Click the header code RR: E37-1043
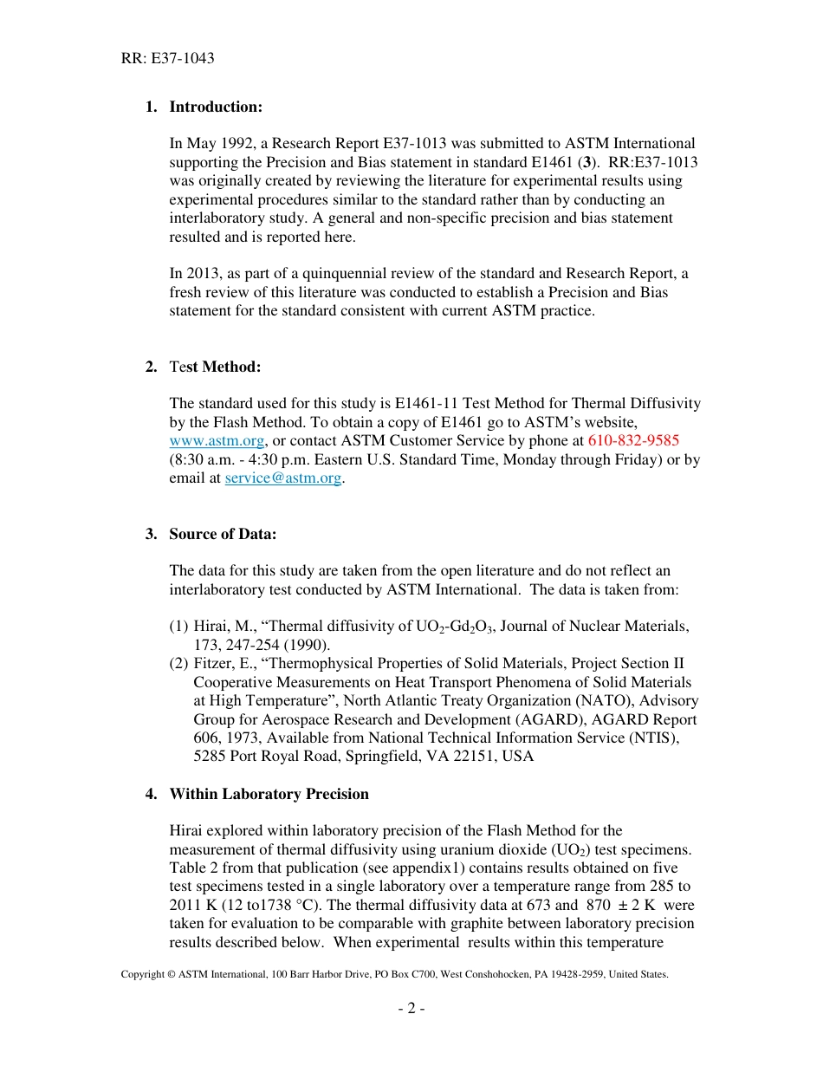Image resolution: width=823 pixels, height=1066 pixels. tap(167, 59)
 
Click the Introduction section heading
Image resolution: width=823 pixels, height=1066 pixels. tap(215, 107)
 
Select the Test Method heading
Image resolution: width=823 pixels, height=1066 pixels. tap(215, 367)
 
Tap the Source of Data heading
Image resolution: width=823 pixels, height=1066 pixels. tap(223, 534)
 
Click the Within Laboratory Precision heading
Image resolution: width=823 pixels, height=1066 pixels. tap(269, 794)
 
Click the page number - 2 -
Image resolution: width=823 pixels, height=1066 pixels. tap(411, 1008)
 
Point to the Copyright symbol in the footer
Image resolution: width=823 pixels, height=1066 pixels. tap(171, 974)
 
